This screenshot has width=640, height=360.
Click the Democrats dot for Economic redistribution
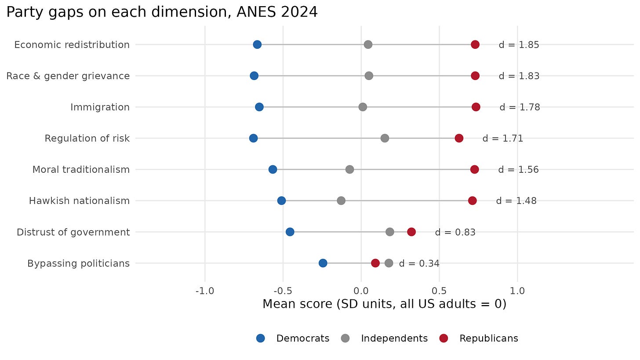tap(257, 44)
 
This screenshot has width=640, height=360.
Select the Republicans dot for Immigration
tap(476, 107)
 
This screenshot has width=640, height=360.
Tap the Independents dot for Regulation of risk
tap(385, 138)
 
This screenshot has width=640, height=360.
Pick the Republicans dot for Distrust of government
tap(411, 232)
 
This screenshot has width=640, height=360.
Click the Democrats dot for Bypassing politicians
tap(323, 263)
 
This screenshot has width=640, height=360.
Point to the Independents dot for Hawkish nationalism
tap(341, 201)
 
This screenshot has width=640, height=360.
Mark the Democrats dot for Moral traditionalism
tap(273, 169)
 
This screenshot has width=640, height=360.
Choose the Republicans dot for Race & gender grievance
tap(475, 76)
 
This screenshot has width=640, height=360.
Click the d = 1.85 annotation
tap(519, 45)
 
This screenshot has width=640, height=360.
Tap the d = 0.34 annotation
tap(419, 263)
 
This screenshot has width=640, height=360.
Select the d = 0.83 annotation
tap(455, 232)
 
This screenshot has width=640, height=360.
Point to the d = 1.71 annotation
tap(502, 138)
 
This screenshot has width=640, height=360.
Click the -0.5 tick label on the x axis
tap(283, 291)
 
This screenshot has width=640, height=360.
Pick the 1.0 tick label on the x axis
tap(517, 291)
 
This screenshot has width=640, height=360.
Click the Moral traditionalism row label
tap(81, 169)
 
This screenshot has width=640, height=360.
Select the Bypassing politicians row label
tap(79, 263)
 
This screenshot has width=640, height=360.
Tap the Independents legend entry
tap(385, 338)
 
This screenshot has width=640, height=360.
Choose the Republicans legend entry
tap(479, 338)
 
